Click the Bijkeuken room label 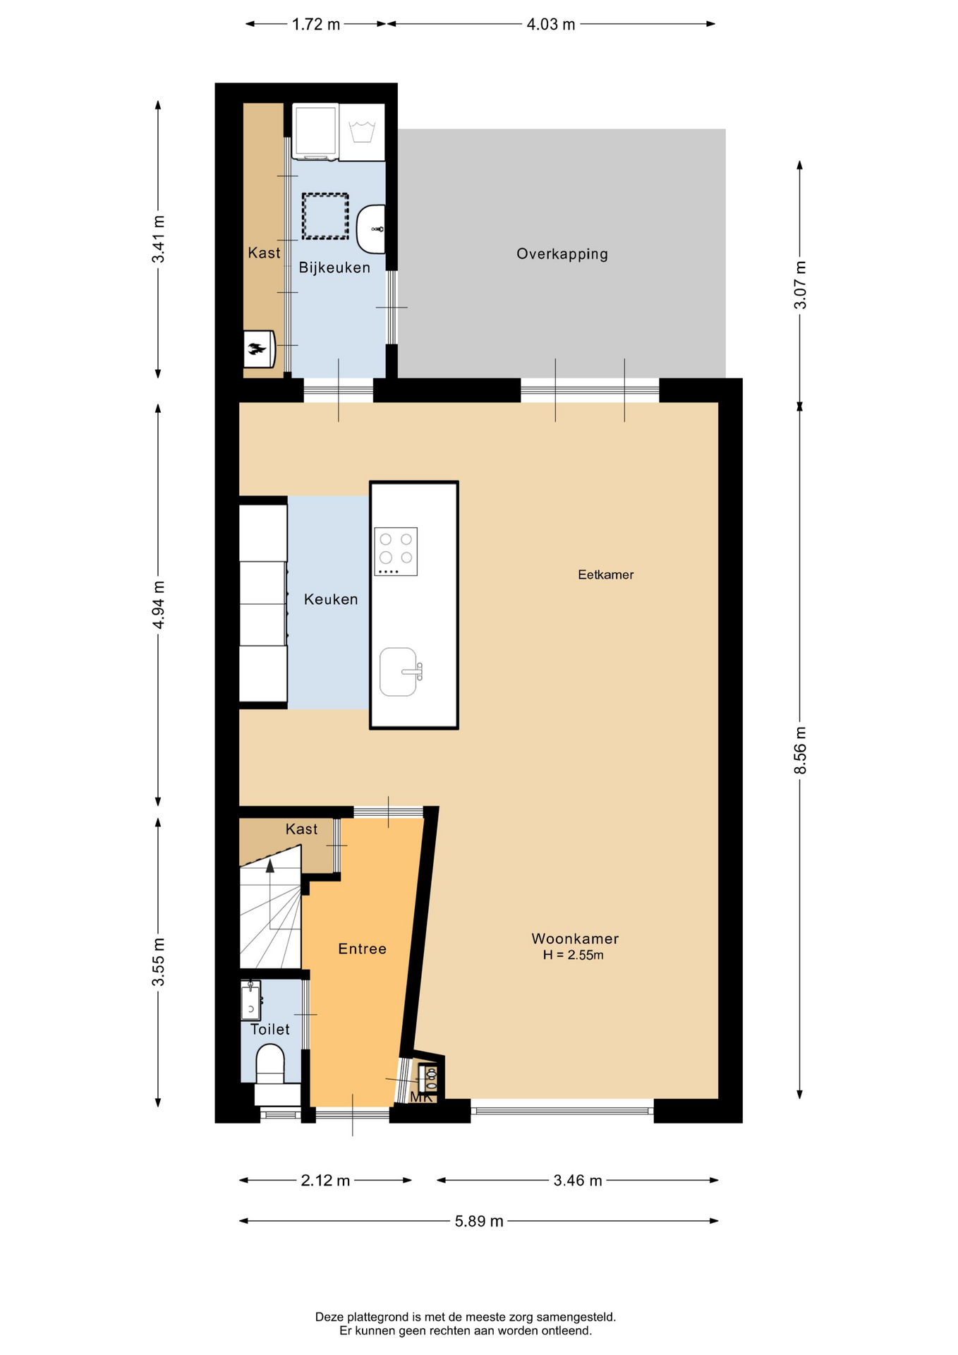334,267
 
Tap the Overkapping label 562,254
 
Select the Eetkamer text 605,574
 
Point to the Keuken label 331,599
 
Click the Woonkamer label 575,939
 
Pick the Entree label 362,948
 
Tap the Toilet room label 270,1029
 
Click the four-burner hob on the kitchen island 396,551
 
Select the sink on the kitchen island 400,672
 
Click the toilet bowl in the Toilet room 269,1064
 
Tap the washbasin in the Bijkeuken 371,229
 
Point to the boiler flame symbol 257,349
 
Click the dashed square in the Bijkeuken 325,216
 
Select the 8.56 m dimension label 800,750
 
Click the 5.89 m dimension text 479,1221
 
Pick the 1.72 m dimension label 316,25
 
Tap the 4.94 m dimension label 159,605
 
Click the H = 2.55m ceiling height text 573,956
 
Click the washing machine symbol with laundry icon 362,131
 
